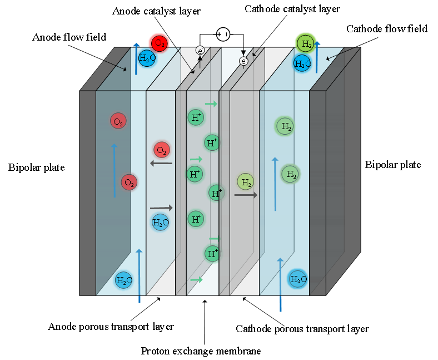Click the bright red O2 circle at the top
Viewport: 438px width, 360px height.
pos(159,43)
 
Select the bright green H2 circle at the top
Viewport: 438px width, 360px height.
pos(306,43)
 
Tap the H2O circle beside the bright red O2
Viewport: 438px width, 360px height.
pos(146,58)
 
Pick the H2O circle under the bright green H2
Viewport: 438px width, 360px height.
pos(302,63)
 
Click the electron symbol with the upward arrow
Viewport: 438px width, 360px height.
pos(200,51)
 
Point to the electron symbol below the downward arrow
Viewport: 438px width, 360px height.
pos(243,61)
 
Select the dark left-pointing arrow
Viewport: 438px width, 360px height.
pos(161,163)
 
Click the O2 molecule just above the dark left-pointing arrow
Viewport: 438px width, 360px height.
pos(162,150)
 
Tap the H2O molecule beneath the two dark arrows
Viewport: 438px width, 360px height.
pos(161,223)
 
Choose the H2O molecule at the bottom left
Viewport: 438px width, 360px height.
pos(123,280)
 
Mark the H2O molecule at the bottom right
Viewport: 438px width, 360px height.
pos(298,279)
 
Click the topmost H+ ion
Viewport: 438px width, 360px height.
pos(196,117)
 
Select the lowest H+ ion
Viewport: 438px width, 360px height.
pos(212,254)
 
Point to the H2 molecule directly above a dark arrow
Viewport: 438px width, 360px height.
pos(246,181)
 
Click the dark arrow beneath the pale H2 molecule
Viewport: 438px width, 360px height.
pos(246,195)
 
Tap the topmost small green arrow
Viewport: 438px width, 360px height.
pos(211,103)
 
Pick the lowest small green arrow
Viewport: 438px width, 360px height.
pos(196,279)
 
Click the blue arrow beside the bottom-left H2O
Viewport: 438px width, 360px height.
pos(139,275)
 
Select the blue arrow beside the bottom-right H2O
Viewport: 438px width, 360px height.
pos(281,284)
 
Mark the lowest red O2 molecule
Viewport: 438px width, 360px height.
pos(129,182)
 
